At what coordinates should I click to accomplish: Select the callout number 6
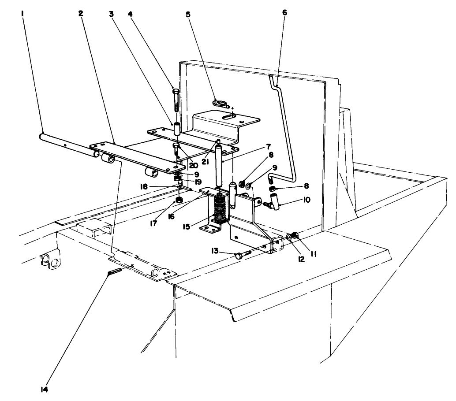pyautogui.click(x=284, y=12)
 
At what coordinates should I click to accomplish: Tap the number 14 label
pyautogui.click(x=44, y=389)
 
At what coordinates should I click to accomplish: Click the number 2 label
pyautogui.click(x=81, y=13)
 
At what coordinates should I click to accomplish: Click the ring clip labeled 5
pyautogui.click(x=220, y=104)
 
